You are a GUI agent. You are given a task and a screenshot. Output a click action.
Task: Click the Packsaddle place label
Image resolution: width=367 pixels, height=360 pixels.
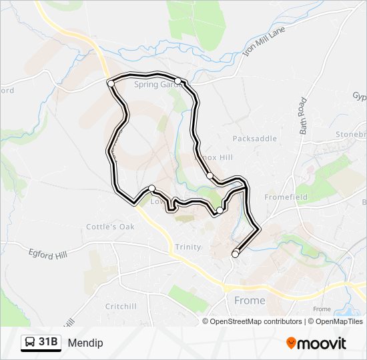[254, 139]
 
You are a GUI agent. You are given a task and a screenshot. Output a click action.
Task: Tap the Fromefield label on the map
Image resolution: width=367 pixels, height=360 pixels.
[286, 197]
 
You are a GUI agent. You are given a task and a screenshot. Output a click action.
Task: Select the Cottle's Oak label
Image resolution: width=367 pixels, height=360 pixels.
[110, 227]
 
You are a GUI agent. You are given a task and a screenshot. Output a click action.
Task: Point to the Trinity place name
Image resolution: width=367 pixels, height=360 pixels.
[188, 247]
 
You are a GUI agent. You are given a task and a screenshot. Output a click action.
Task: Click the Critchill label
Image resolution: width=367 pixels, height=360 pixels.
[120, 306]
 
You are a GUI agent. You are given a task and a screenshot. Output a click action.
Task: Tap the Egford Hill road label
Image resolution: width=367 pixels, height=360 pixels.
[48, 253]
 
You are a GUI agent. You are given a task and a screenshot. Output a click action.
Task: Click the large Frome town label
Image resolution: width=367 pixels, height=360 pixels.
[250, 301]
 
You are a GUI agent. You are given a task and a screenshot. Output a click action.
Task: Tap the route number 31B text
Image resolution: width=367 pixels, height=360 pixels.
[49, 343]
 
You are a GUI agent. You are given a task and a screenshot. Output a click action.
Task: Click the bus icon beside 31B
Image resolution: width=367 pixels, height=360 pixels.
[31, 343]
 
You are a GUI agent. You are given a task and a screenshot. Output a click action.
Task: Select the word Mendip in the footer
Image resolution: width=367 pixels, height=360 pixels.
[85, 343]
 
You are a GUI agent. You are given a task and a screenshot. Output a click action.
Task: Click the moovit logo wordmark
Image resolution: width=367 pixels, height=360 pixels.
[323, 343]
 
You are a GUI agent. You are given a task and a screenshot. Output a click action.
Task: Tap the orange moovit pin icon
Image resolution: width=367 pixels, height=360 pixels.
[292, 343]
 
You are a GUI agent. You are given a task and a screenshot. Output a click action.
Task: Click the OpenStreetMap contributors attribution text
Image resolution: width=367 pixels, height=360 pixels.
[246, 321]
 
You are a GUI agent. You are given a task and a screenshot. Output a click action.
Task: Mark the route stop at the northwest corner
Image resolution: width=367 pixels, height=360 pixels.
[111, 83]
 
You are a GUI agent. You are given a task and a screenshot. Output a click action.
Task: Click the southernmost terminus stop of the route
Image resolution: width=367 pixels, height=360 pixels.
[235, 254]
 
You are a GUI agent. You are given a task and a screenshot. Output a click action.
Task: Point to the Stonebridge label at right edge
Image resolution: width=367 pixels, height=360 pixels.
[351, 133]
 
